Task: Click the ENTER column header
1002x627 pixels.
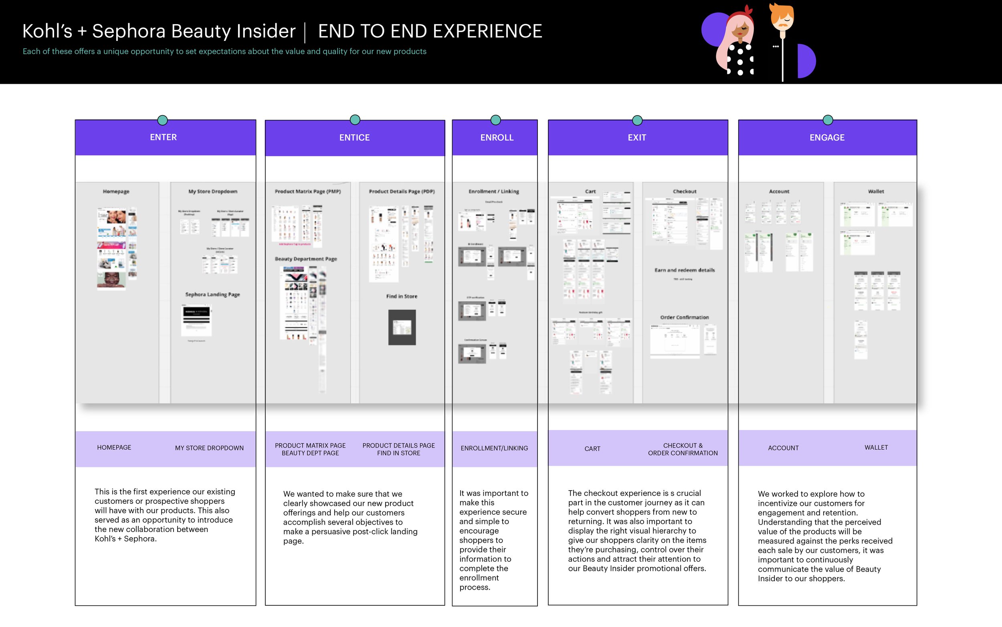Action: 163,137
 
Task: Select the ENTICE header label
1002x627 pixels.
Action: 354,138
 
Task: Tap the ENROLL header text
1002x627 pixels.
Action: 497,138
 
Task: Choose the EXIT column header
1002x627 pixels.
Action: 636,138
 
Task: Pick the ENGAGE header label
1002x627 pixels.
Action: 827,138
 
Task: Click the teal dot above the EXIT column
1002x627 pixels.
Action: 637,120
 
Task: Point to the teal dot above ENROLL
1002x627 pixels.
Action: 495,120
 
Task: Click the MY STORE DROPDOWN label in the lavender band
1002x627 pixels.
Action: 209,448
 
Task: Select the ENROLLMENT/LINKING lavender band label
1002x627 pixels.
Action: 494,448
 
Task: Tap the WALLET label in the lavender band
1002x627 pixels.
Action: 876,447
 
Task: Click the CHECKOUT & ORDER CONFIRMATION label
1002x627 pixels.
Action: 683,449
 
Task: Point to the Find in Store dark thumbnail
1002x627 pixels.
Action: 402,327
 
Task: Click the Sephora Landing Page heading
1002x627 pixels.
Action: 212,294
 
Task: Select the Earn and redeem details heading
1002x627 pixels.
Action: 684,270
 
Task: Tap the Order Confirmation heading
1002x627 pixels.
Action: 684,317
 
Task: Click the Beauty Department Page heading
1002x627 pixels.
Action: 306,259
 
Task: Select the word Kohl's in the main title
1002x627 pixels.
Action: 47,31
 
